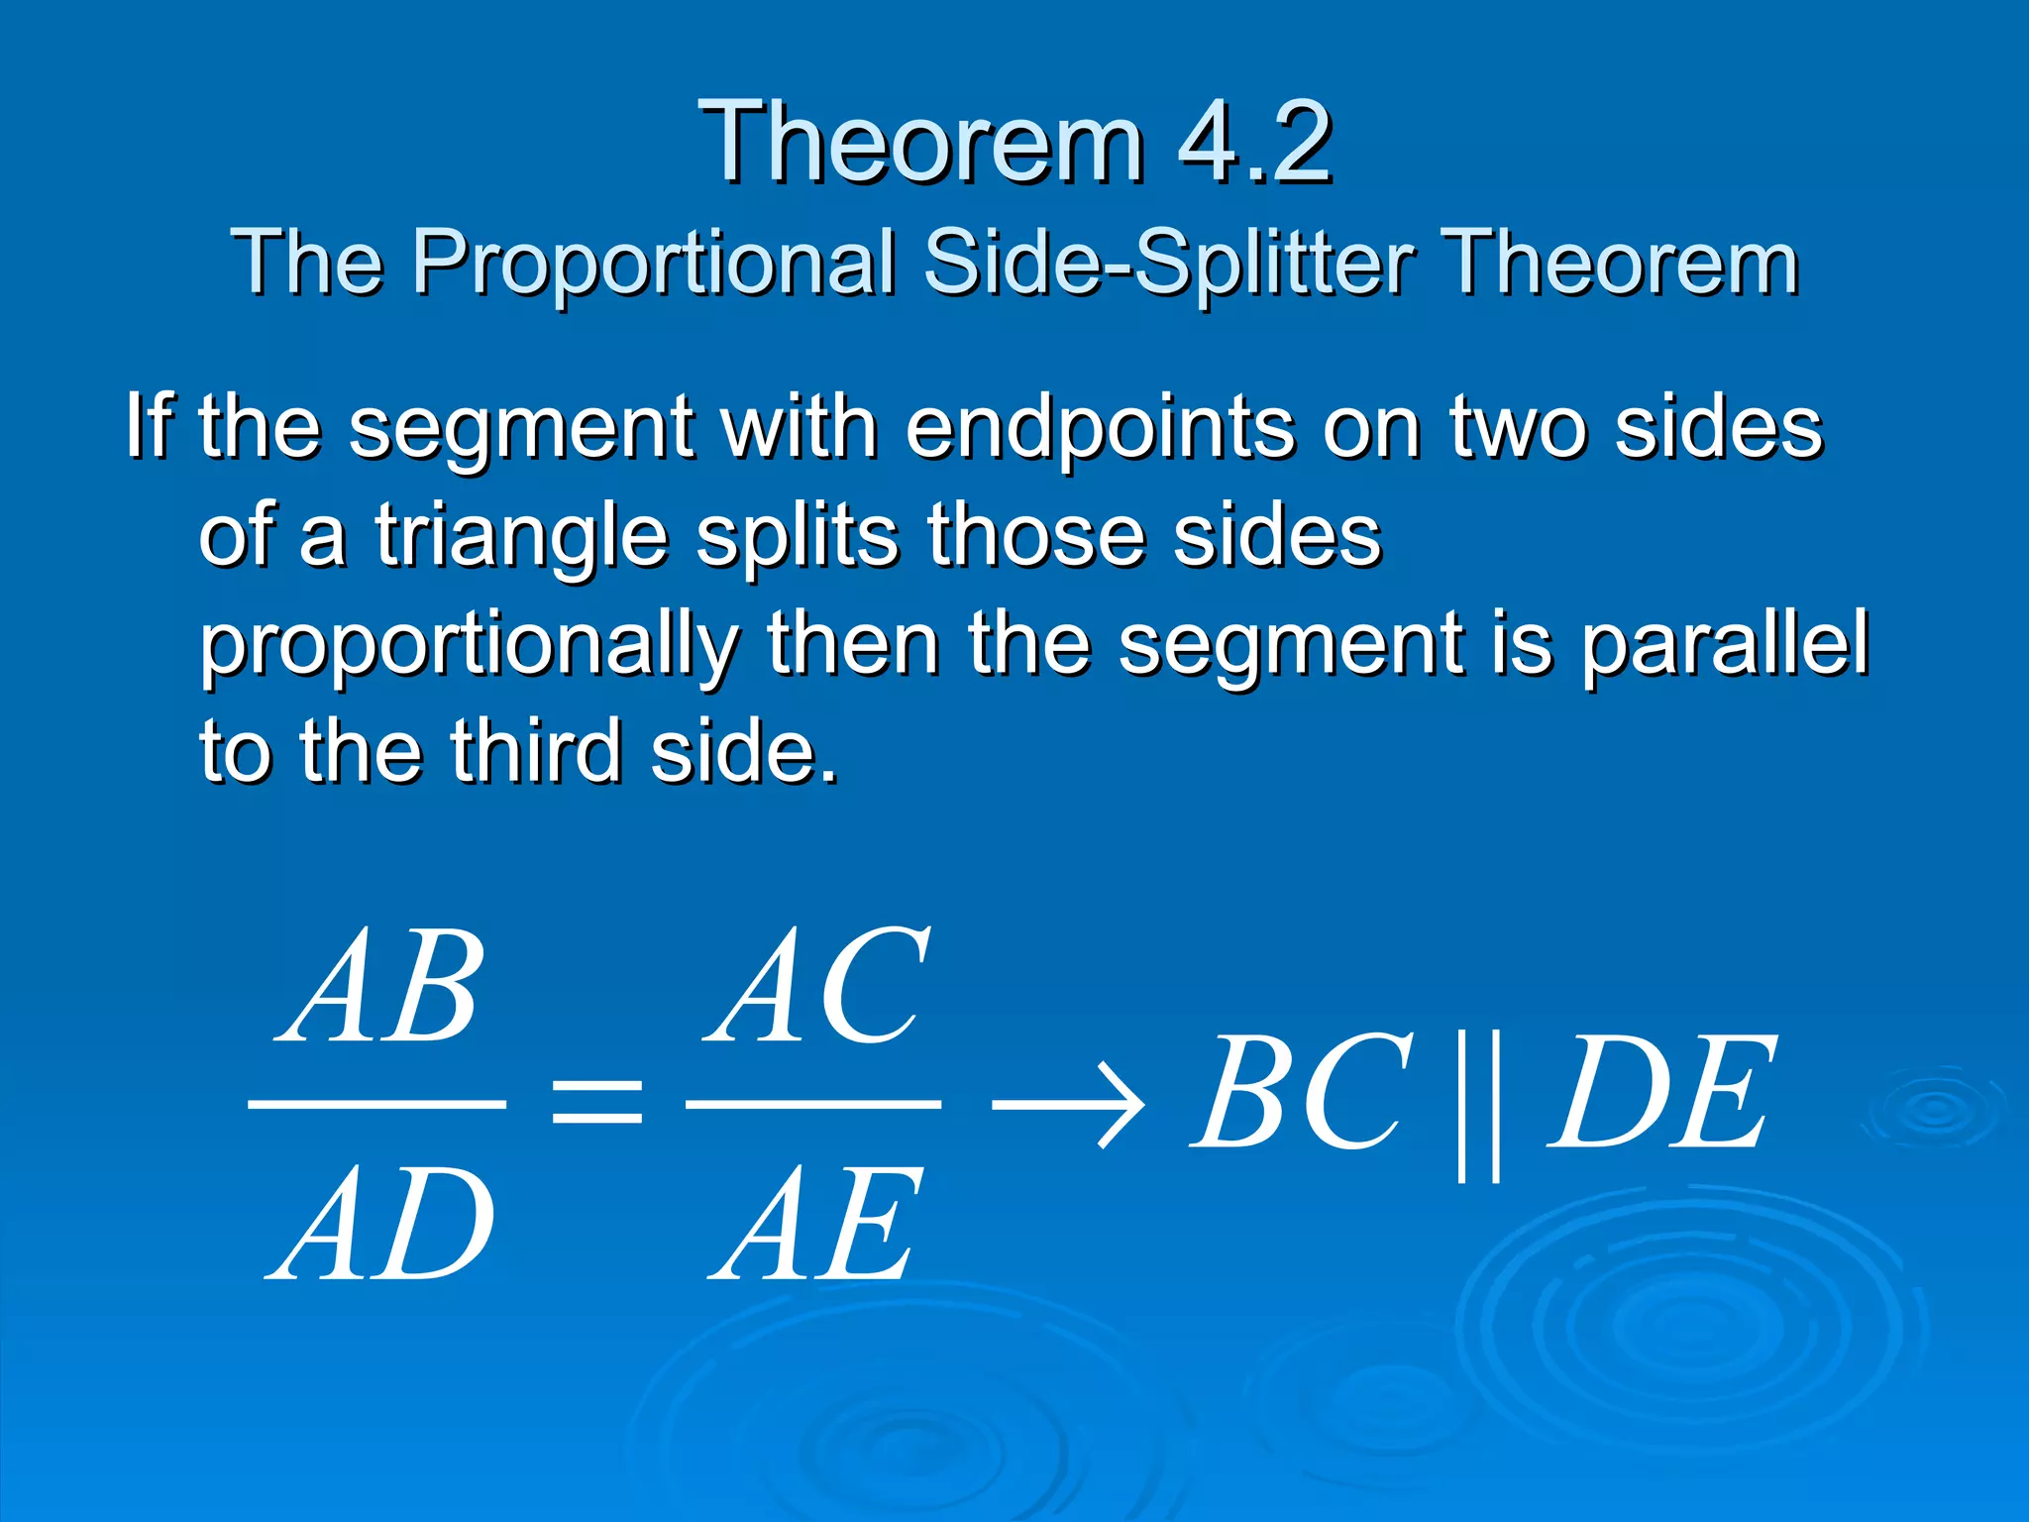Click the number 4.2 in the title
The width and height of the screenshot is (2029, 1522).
pos(1254,144)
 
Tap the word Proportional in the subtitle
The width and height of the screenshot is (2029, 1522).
pos(654,263)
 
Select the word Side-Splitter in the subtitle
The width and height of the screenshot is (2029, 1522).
pos(1169,263)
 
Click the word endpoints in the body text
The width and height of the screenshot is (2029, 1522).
pos(1100,428)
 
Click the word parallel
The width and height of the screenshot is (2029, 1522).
pos(1724,644)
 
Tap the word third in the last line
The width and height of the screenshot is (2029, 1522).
pos(536,751)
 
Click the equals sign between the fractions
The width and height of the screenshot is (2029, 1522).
pos(596,1103)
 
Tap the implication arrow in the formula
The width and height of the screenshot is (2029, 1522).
pos(1068,1103)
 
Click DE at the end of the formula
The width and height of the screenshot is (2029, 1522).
pos(1660,1093)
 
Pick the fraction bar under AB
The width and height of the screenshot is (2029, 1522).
pos(376,1103)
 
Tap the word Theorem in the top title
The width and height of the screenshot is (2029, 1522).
pos(920,144)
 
